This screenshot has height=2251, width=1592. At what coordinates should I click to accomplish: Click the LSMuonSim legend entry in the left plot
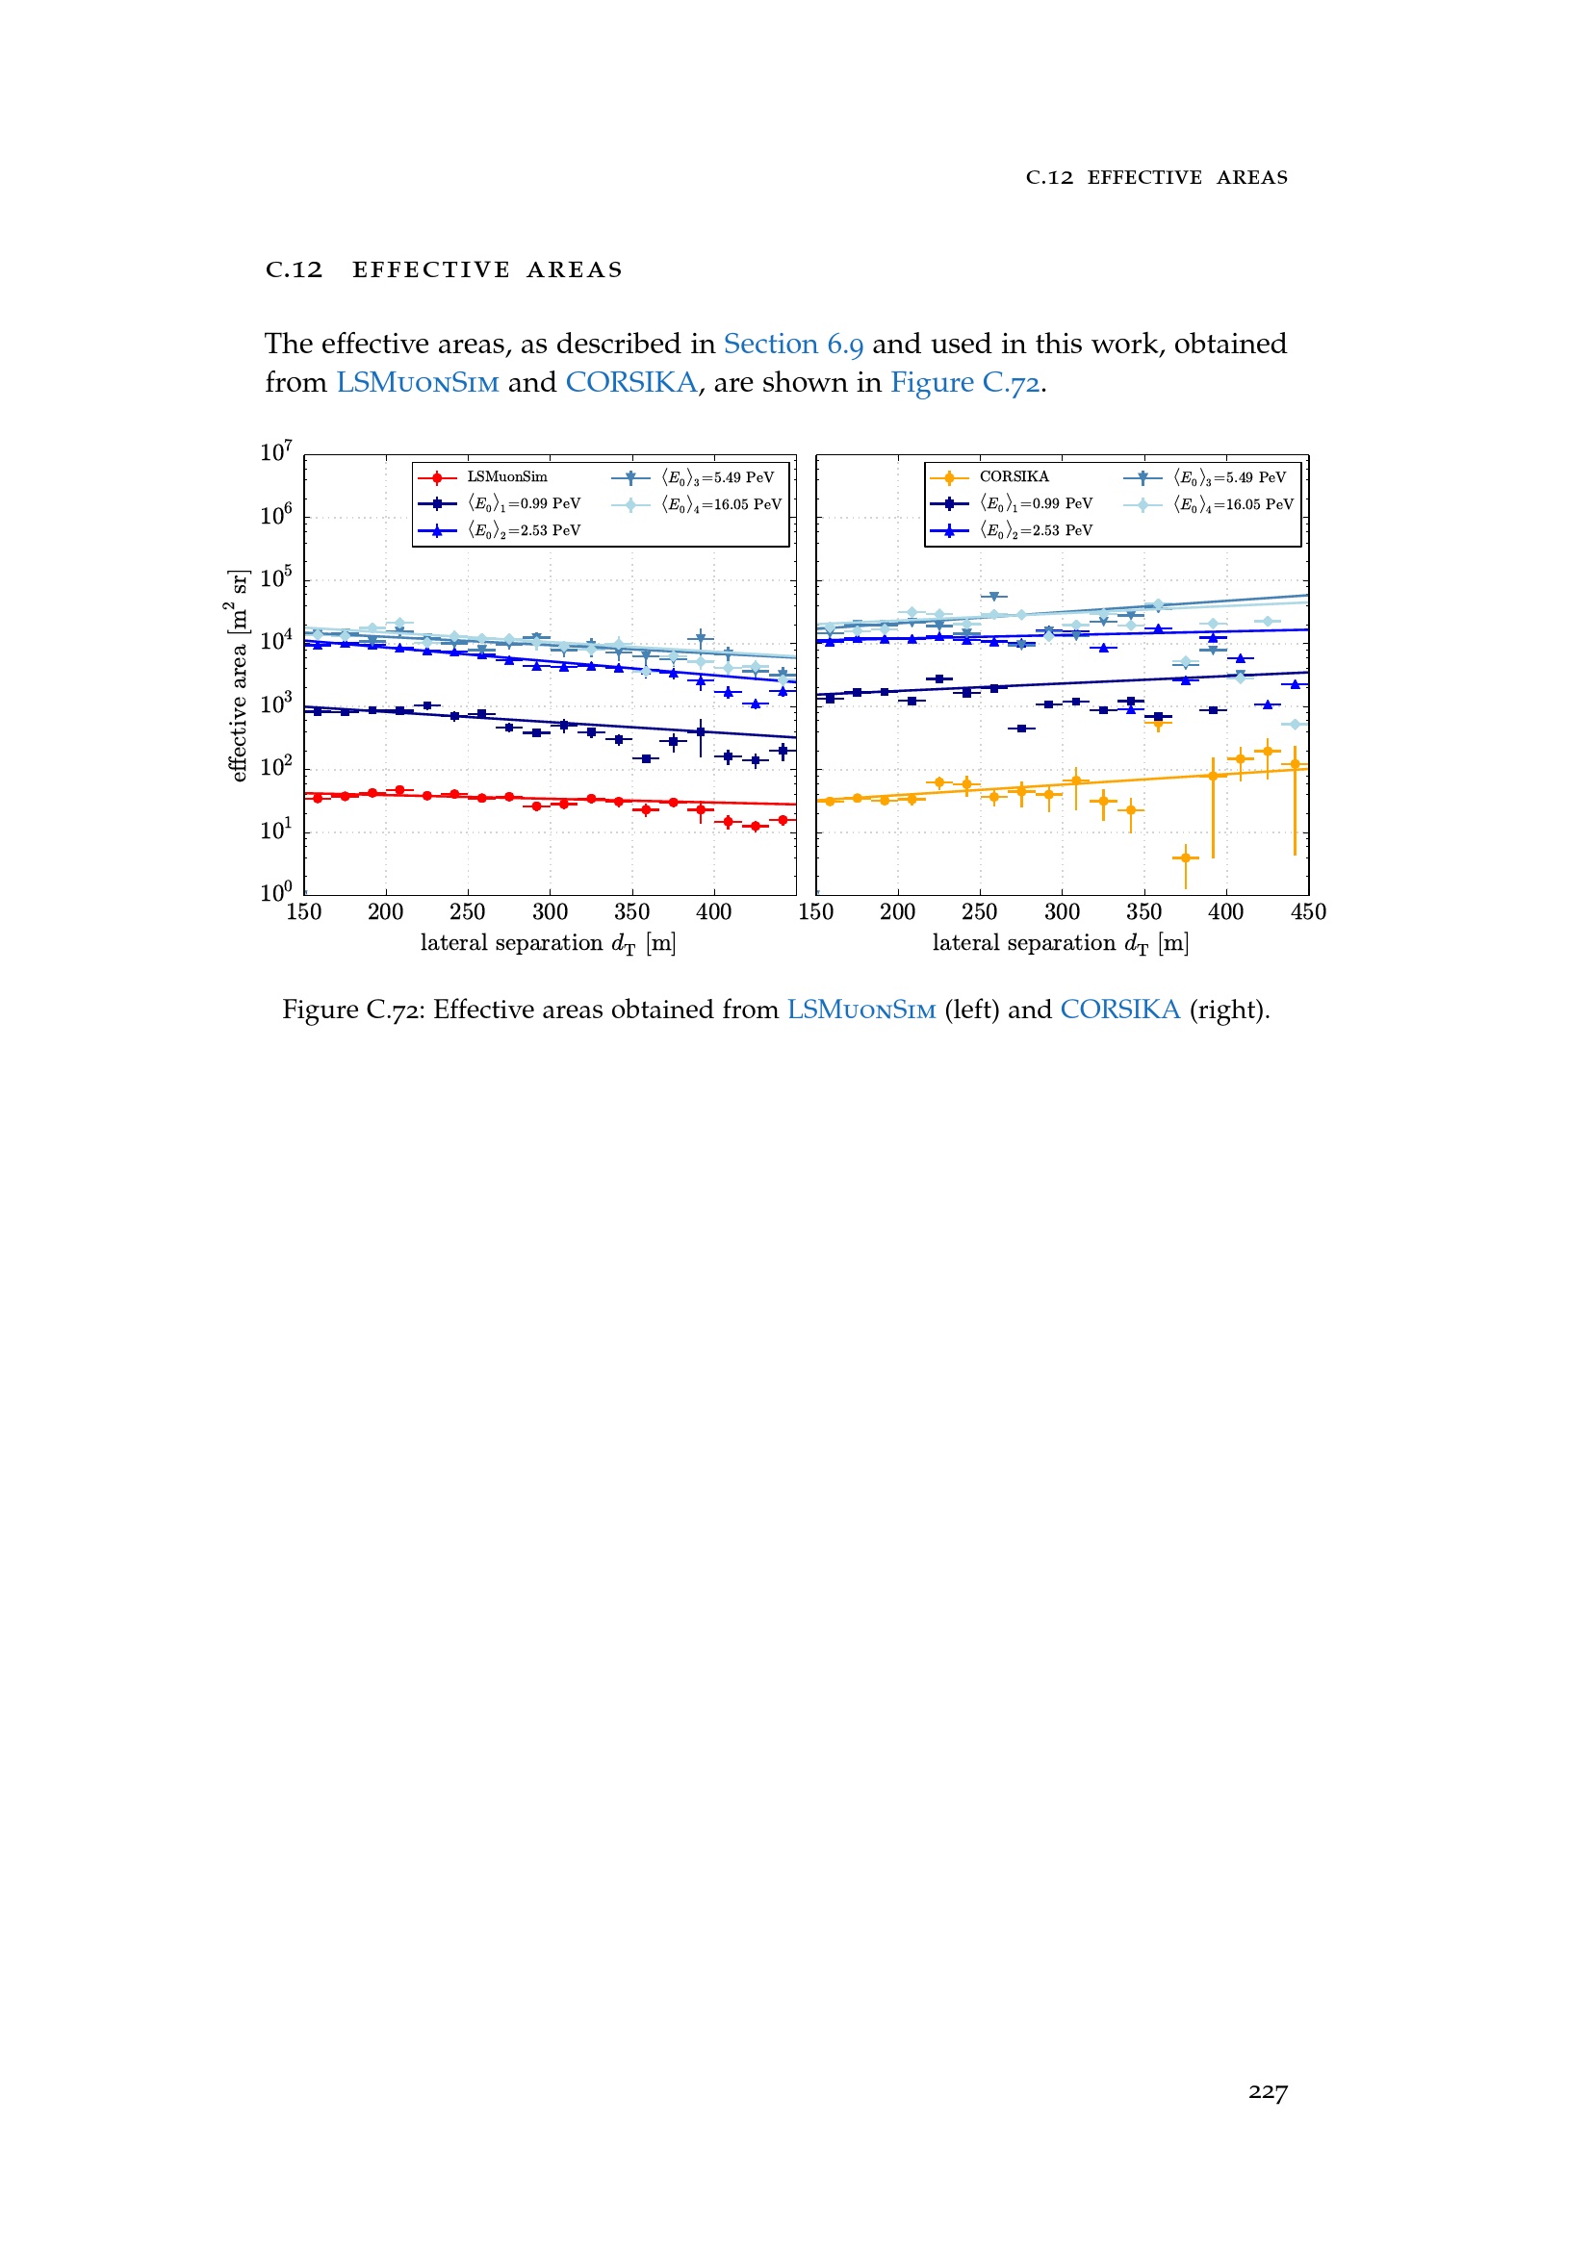(506, 477)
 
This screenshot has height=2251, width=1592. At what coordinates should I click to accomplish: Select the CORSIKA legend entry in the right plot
(1013, 477)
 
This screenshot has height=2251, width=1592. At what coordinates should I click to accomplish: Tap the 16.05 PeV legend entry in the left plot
(721, 505)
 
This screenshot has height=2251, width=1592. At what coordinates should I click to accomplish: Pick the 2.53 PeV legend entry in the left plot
(524, 530)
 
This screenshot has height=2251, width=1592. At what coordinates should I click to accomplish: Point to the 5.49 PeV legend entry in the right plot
(1229, 477)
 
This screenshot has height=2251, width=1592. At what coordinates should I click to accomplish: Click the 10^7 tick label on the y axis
(276, 452)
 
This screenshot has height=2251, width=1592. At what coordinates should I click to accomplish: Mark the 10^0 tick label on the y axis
(276, 892)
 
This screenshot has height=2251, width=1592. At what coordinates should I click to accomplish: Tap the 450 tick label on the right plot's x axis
(1308, 912)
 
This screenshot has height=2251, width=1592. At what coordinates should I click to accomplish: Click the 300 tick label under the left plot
(550, 912)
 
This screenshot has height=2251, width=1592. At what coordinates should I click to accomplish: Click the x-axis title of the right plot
(1061, 943)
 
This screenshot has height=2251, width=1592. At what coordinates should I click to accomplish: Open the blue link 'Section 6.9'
(793, 345)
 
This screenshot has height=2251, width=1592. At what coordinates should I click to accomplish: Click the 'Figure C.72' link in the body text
(964, 382)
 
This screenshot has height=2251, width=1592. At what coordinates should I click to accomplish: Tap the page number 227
(1268, 2092)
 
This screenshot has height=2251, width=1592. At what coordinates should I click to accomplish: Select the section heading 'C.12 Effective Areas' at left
(444, 269)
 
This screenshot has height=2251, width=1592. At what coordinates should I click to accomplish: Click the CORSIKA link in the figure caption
(1119, 1010)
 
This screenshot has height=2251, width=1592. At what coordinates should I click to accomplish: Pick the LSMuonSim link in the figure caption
(860, 1010)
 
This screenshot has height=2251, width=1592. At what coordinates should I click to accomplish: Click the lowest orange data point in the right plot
(1185, 857)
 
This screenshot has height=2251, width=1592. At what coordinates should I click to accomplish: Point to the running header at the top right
(1157, 177)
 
